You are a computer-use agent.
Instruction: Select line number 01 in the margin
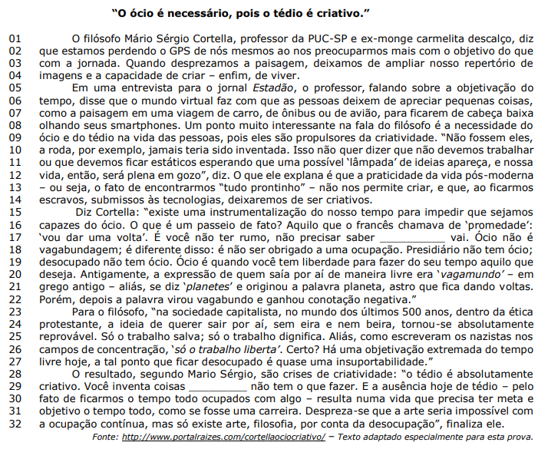pos(15,38)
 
